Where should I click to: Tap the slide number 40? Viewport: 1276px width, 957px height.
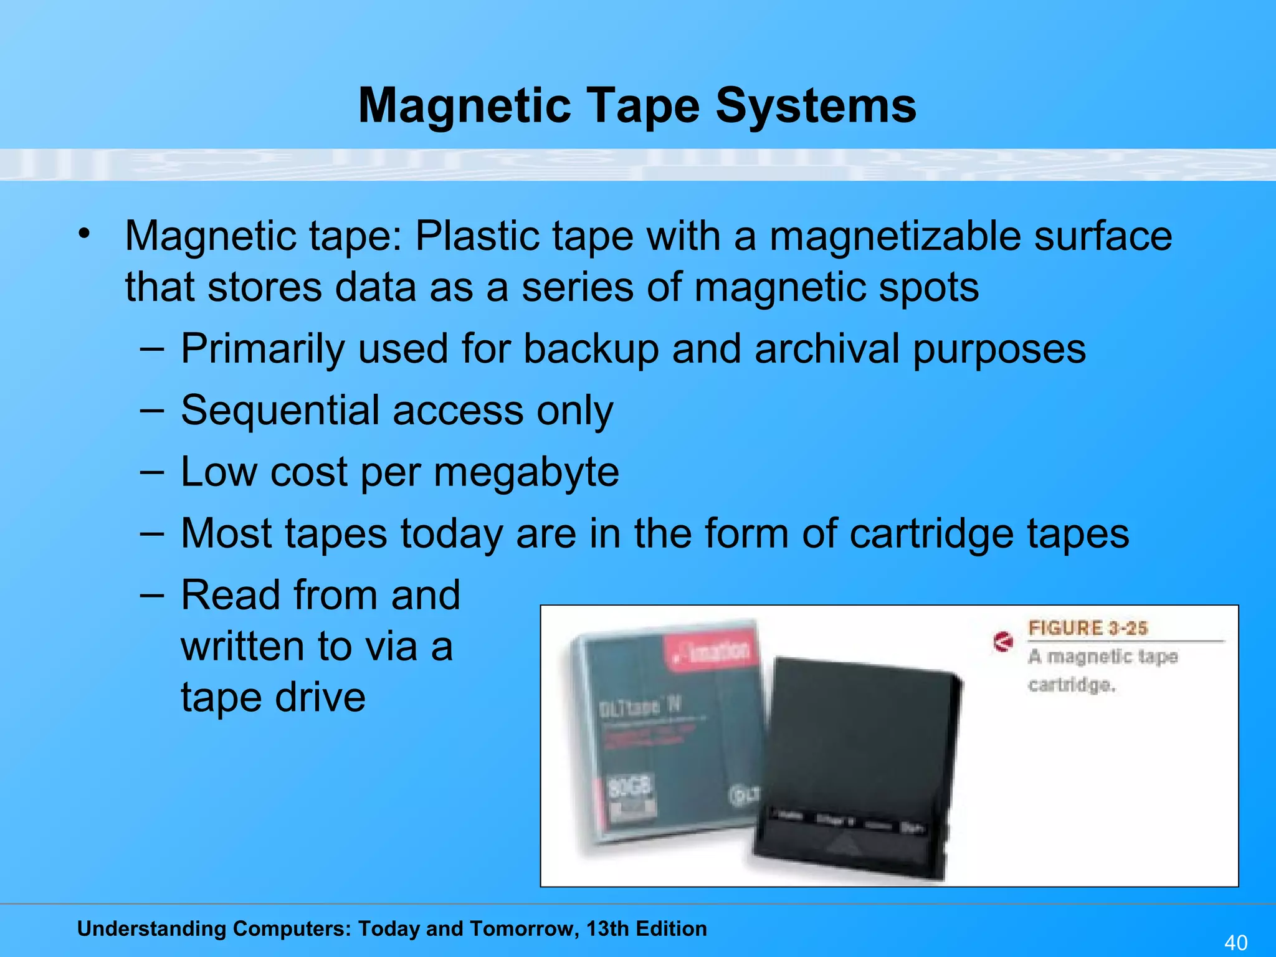click(x=1236, y=942)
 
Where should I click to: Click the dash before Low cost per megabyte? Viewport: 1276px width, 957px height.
click(x=152, y=472)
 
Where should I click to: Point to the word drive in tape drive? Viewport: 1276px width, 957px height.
click(x=320, y=697)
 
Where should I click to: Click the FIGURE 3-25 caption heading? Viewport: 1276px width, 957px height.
click(x=1087, y=628)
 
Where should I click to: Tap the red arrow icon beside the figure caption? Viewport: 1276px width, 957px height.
click(x=1002, y=641)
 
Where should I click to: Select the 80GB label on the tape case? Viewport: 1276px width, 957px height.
click(x=629, y=788)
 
